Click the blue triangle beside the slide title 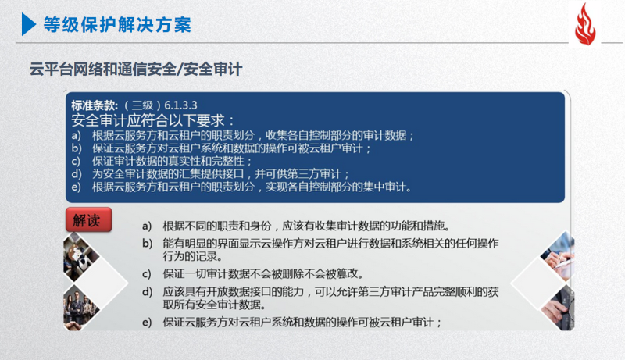coord(29,24)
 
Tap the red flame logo coord(585,25)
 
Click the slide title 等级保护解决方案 coord(117,25)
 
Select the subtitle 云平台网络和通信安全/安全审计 coord(136,70)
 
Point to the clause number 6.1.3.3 coord(180,105)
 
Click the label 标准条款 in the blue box coord(95,105)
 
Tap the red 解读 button coord(88,219)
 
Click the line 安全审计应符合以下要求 coord(153,119)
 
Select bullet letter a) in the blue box coord(76,135)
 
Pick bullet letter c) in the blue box coord(76,162)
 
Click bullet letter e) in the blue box coord(76,187)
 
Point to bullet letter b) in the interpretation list coord(147,244)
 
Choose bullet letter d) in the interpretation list coord(147,292)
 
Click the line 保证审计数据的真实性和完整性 coord(172,162)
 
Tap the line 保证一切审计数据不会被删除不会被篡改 coord(263,274)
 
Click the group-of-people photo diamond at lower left coord(81,308)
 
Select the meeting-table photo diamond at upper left coord(81,257)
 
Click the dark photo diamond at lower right coord(558,308)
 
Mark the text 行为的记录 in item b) coord(192,256)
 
